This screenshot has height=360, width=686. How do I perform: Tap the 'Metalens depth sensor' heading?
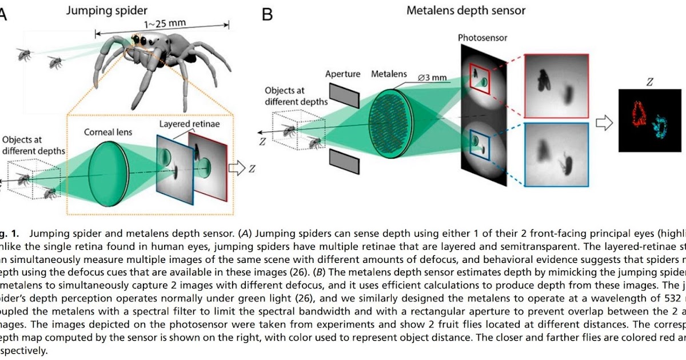466,10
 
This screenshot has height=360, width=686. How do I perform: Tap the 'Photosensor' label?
482,38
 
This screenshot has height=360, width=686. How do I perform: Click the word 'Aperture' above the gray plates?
343,74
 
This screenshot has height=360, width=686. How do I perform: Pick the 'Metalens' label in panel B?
389,74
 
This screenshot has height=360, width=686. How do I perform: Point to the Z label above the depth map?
649,82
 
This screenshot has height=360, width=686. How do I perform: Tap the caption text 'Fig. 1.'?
10,233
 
